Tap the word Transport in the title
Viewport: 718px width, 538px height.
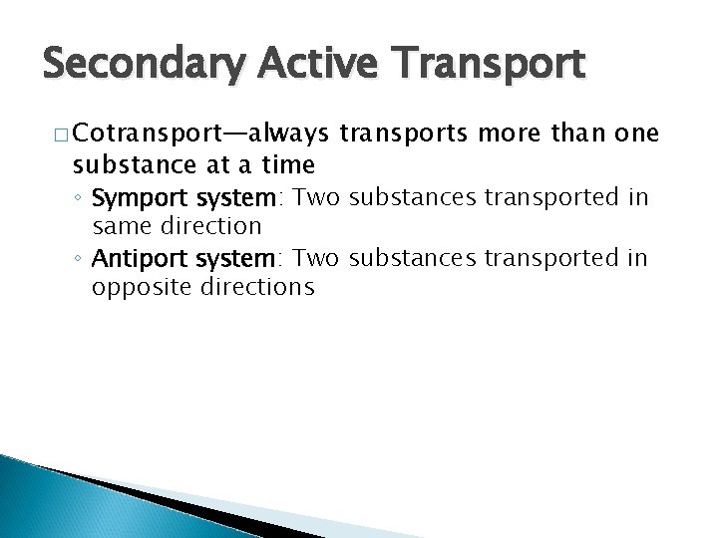(490, 65)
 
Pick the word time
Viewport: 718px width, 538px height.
(282, 163)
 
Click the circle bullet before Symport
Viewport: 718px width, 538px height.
(80, 198)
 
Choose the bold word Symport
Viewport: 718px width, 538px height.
(131, 198)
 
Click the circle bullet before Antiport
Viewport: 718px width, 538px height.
(80, 259)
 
